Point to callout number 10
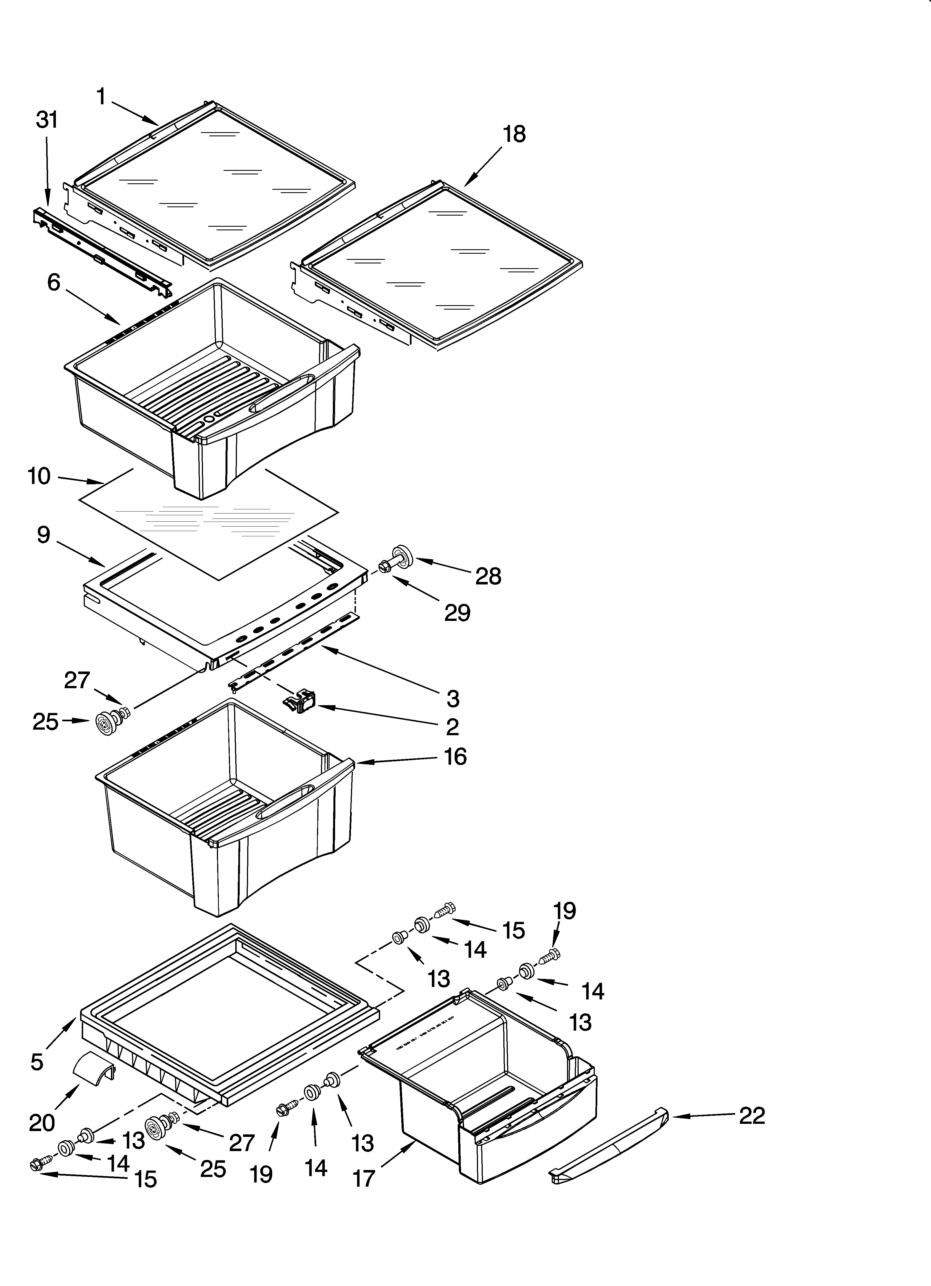pyautogui.click(x=39, y=476)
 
